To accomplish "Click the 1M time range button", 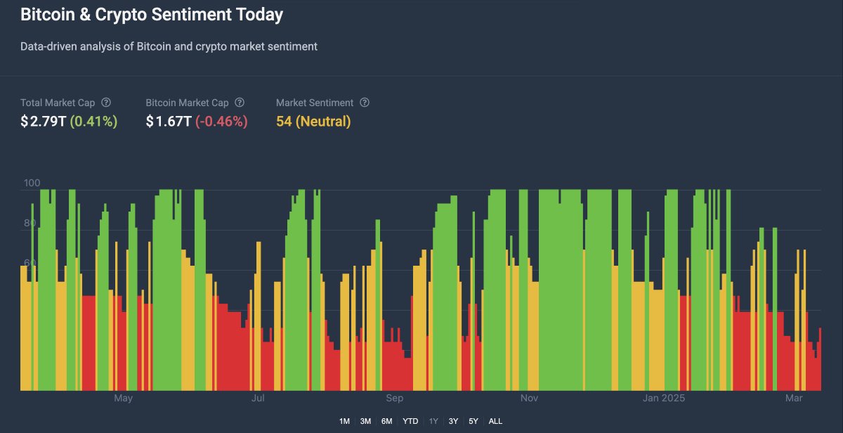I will (x=344, y=421).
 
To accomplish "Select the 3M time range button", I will (x=365, y=421).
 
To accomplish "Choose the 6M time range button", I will (x=387, y=421).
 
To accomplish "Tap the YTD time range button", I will (x=410, y=421).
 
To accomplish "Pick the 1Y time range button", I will (x=433, y=421).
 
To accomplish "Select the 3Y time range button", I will (x=453, y=421).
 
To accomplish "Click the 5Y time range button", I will (x=473, y=421).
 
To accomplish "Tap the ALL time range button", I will (x=495, y=421).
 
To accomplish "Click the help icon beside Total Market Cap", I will (x=106, y=103).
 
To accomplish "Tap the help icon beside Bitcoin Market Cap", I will (x=240, y=103).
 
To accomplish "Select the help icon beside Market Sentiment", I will (x=365, y=103).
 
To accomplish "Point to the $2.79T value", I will (x=44, y=122).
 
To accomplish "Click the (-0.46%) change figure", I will (x=221, y=122).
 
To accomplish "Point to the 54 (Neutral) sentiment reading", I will (x=313, y=122).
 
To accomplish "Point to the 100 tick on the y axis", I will (x=32, y=183).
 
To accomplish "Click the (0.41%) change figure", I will (x=93, y=122).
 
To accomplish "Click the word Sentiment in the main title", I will (x=190, y=15).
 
